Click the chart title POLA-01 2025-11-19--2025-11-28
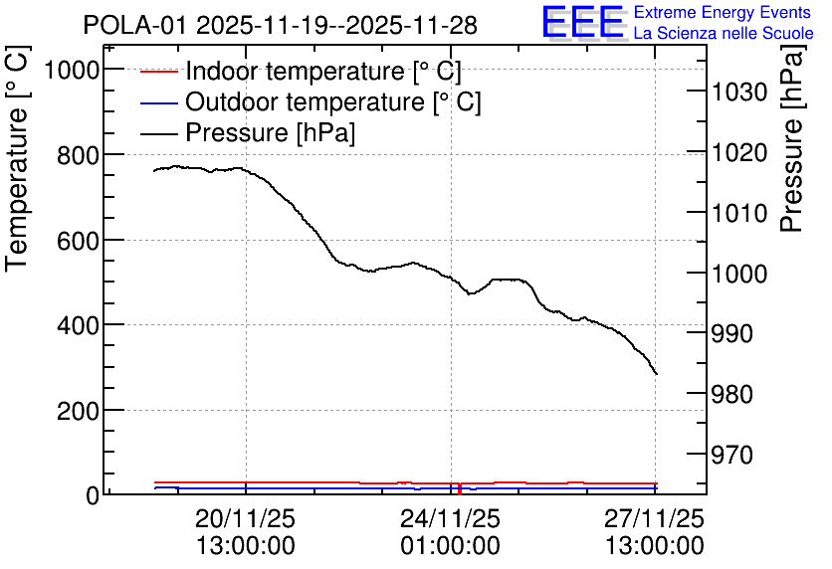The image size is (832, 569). (281, 25)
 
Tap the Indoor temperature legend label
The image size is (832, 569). (323, 71)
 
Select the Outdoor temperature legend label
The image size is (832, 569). (333, 101)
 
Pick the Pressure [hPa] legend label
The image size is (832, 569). (270, 132)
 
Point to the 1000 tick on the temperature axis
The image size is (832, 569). (73, 69)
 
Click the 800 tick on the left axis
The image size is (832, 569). (78, 155)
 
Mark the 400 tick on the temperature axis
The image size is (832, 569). (78, 325)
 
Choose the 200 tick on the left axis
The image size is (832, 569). (78, 411)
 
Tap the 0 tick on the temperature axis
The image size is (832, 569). (93, 495)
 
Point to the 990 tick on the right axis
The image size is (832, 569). (732, 333)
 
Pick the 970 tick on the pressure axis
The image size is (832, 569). (732, 455)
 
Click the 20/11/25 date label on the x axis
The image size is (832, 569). (245, 518)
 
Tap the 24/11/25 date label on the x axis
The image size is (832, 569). (450, 518)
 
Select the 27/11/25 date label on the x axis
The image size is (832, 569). (655, 518)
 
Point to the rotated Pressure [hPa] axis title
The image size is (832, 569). (791, 138)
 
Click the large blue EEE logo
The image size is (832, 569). (582, 22)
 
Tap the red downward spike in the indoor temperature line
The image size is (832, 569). (460, 489)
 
